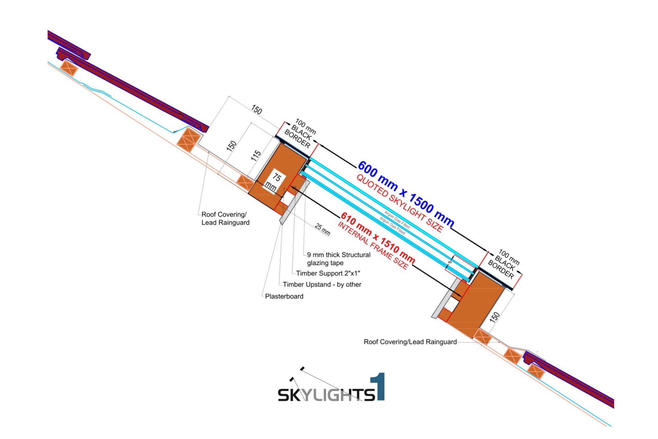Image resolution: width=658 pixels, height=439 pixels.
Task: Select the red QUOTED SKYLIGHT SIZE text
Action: (x=399, y=204)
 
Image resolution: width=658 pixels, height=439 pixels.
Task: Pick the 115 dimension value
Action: (x=256, y=156)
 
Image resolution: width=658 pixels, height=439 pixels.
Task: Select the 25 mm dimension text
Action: (x=322, y=229)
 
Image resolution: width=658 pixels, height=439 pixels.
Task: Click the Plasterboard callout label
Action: (x=284, y=296)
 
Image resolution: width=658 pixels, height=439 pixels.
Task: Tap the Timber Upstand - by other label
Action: (x=322, y=284)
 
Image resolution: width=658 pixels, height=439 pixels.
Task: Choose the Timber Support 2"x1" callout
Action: (x=328, y=273)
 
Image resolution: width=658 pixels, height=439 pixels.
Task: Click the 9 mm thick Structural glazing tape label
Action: (x=339, y=259)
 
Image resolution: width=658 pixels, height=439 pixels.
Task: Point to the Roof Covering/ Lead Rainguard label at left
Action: (x=225, y=218)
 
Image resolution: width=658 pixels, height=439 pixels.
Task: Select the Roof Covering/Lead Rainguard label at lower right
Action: (x=410, y=342)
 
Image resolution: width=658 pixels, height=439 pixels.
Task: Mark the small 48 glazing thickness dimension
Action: (x=450, y=262)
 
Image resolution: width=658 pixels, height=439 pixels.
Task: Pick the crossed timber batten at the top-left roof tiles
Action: (x=69, y=68)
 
